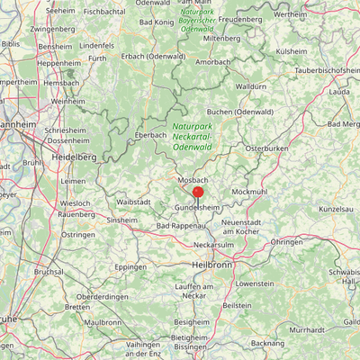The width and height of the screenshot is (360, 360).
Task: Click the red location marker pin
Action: (198, 192)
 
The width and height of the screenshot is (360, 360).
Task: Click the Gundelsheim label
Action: (196, 207)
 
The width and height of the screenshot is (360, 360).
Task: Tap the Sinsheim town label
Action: (122, 220)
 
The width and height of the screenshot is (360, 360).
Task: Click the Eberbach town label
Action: (150, 135)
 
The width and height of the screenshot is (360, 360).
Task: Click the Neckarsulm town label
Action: (213, 244)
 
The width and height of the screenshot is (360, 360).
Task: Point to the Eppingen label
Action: (131, 266)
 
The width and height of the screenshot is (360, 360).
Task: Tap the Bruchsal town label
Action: (49, 271)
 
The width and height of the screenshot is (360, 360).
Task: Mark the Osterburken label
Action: (266, 147)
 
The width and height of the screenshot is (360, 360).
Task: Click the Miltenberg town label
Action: (223, 40)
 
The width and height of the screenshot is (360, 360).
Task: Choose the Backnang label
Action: (268, 343)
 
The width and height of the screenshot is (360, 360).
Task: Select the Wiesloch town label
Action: (76, 203)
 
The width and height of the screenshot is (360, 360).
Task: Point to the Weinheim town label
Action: (67, 102)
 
